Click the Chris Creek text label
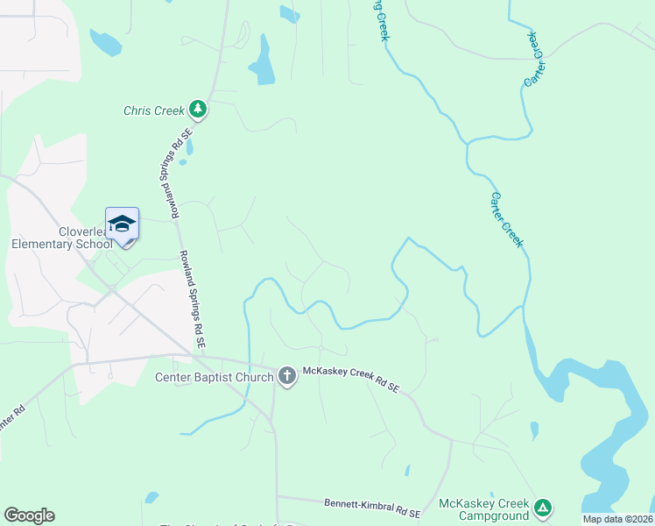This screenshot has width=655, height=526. pos(153,110)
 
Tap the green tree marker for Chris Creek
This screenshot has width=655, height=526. pos(199,109)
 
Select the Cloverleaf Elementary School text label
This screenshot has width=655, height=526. pos(61,238)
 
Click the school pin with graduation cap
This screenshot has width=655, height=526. pos(122,223)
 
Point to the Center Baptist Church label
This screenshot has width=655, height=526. pos(215,378)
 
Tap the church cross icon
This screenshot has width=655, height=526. pos(286,377)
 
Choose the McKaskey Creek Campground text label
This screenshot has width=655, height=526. pos(483,510)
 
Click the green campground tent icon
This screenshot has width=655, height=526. pos(543,507)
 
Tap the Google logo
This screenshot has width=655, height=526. pos(29,515)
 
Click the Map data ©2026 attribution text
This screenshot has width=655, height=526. pos(617,519)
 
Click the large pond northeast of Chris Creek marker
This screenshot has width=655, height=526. pos(262,63)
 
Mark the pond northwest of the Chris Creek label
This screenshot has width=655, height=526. pos(105,41)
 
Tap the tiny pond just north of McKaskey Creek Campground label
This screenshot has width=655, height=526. pos(534,430)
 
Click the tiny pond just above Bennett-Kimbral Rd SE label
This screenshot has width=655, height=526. pos(407,471)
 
